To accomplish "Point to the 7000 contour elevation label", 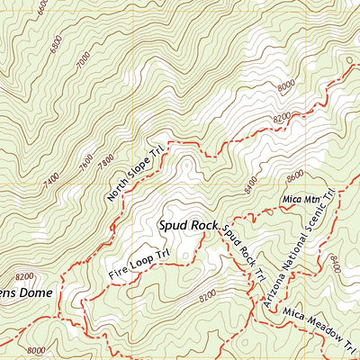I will coord(84,61).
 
